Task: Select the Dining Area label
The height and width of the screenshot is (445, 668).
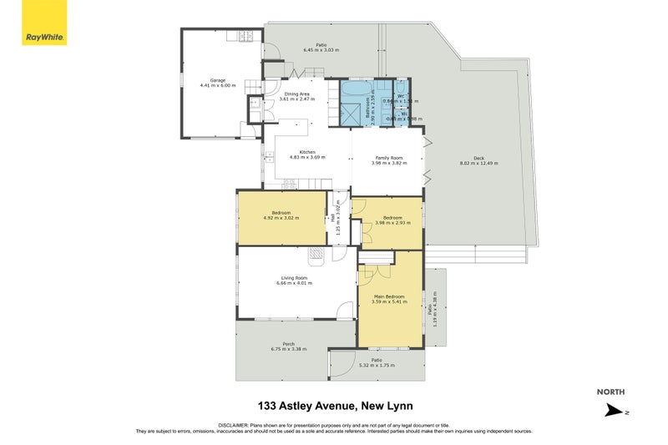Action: click(x=298, y=94)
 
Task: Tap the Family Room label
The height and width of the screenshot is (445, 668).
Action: click(x=388, y=158)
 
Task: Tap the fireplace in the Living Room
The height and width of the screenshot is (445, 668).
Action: click(x=316, y=252)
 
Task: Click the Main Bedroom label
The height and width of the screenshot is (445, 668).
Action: click(x=389, y=296)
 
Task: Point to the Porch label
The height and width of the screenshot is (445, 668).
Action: click(x=288, y=343)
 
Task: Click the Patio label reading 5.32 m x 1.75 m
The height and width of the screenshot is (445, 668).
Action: click(x=377, y=366)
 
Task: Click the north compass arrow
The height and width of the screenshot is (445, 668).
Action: click(x=614, y=409)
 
